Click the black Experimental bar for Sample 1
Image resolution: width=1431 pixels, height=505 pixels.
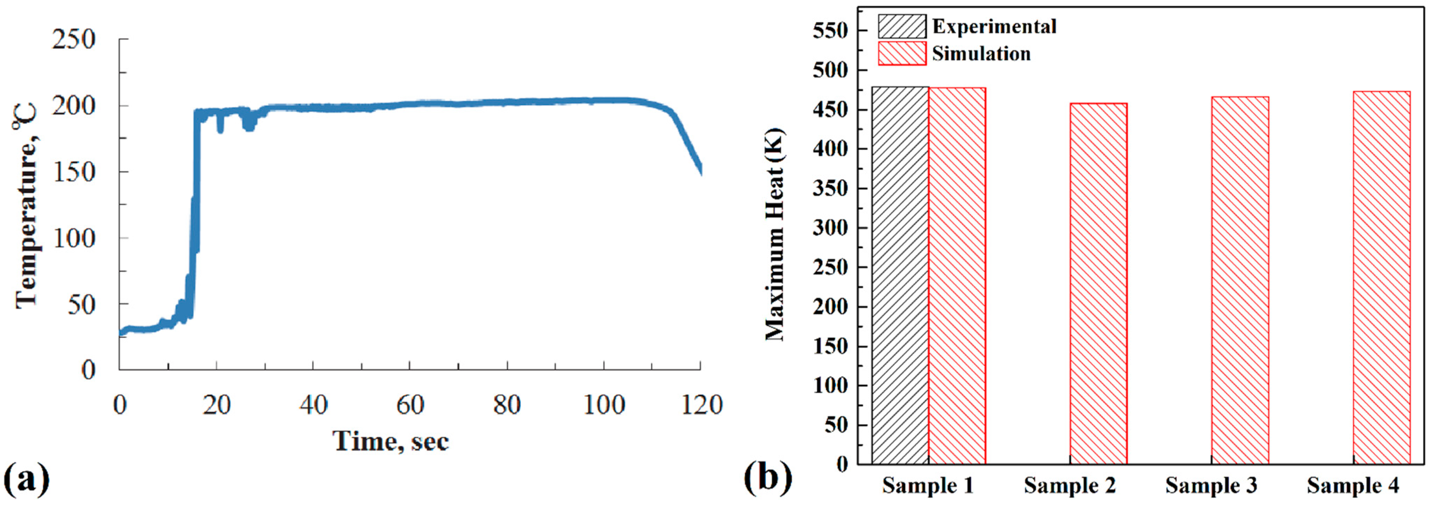(900, 275)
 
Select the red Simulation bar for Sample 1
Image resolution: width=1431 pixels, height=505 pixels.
(957, 275)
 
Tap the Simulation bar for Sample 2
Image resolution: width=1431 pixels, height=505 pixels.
(1098, 283)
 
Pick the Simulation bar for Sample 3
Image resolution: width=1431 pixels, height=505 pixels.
(1240, 281)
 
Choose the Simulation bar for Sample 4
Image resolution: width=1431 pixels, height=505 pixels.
(1382, 278)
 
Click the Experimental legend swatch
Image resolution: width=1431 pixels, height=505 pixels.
(902, 26)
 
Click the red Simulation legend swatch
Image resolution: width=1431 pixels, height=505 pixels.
(902, 53)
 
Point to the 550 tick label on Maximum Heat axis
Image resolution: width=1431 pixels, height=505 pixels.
(830, 30)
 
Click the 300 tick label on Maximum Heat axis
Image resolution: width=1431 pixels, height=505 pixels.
(830, 228)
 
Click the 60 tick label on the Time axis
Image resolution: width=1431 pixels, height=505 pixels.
(410, 405)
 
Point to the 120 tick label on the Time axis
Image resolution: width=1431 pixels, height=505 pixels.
(701, 405)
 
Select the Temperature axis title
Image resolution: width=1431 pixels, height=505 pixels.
(27, 206)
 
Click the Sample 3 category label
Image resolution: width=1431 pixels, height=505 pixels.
(1211, 485)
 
